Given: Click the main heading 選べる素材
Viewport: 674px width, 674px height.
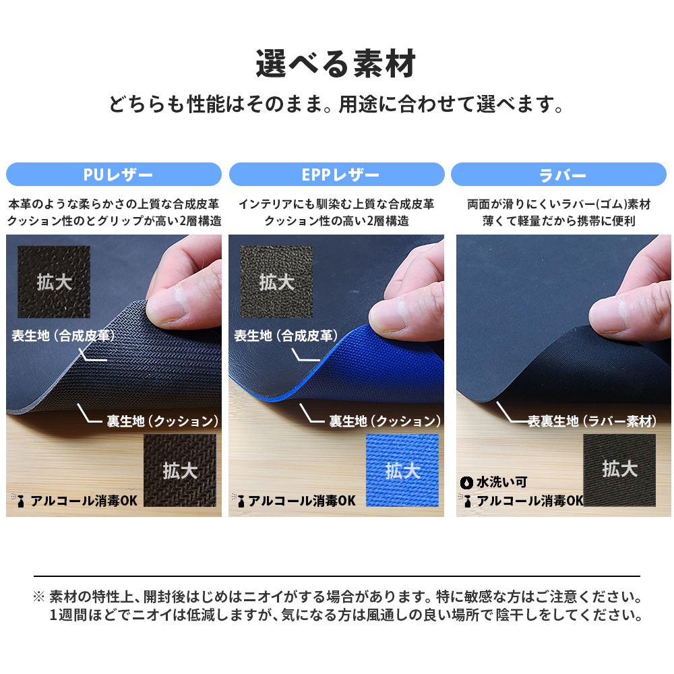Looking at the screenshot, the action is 336,63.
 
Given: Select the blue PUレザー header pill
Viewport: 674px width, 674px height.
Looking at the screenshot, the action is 114,175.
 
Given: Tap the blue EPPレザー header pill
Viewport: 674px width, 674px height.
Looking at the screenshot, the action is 336,175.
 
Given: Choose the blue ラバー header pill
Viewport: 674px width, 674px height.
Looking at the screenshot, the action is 559,175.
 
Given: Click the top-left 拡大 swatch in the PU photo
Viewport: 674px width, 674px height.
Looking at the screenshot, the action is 54,282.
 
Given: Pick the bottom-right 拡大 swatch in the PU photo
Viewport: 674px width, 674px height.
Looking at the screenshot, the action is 180,470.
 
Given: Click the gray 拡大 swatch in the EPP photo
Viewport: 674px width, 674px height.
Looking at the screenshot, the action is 276,282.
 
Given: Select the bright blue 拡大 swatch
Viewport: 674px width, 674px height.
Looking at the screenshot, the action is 402,470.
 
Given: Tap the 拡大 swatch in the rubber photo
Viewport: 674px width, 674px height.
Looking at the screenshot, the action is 619,470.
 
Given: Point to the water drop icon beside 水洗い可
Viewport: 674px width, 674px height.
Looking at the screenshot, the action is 466,483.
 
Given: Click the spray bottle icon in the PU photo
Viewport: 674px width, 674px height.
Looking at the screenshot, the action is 20,501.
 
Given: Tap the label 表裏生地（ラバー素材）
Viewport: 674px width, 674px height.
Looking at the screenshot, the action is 592,421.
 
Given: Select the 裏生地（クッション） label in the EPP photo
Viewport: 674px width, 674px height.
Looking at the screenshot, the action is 385,421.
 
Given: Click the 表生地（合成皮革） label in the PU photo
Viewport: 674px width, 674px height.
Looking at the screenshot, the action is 63,336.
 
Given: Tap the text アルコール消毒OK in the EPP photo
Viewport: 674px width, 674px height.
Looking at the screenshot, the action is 302,501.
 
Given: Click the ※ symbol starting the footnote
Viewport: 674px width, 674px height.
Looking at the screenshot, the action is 38,596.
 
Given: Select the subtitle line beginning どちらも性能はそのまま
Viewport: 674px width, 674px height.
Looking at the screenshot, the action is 336,104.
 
